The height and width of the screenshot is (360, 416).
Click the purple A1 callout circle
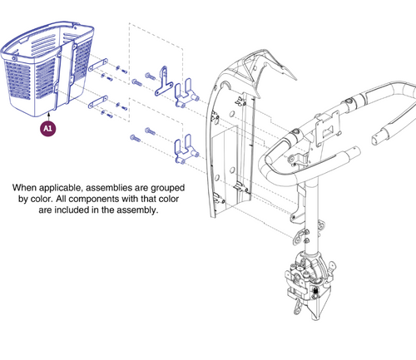[48, 128]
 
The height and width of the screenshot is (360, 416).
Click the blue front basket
[47, 69]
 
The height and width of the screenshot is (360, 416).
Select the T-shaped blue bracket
[164, 81]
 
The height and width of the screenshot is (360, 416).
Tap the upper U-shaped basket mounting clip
[186, 93]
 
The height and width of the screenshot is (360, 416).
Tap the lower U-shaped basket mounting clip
[186, 149]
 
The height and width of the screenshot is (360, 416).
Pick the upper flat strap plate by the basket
[98, 65]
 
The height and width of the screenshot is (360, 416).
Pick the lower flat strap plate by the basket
[98, 101]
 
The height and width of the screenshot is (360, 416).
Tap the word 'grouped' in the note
[168, 189]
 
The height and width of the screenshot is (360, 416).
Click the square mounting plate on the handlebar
[328, 127]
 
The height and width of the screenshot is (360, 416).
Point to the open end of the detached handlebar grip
[375, 138]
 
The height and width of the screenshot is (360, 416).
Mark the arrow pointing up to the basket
[49, 116]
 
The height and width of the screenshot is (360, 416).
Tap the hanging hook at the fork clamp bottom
[297, 307]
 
